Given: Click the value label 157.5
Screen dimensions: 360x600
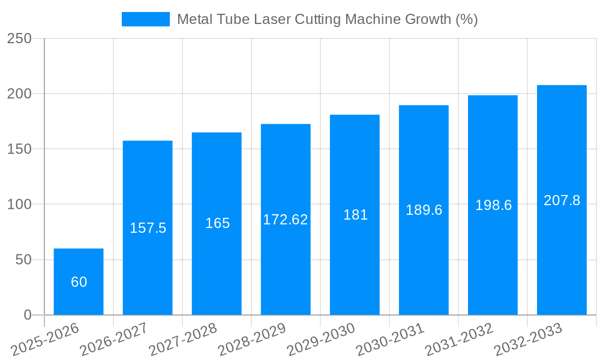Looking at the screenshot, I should click(148, 228).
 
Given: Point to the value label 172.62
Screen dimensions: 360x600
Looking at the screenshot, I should click(286, 220).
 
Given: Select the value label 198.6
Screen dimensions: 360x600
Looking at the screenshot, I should click(493, 205).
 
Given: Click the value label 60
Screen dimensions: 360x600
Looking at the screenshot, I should click(79, 282).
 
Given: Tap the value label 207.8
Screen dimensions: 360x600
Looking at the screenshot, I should click(562, 200).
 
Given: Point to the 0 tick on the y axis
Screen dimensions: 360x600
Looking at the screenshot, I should click(27, 315).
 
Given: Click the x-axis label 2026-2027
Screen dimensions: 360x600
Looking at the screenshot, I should click(114, 339).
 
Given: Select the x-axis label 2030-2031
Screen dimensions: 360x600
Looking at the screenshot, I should click(390, 339).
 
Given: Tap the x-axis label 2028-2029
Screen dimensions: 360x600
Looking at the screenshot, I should click(252, 339).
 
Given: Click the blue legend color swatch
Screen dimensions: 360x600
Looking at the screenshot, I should click(145, 19).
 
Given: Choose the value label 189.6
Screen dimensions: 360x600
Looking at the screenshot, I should click(424, 210).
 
